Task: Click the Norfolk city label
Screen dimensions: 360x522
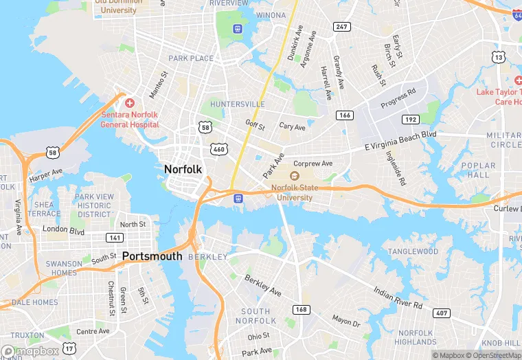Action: click(183, 169)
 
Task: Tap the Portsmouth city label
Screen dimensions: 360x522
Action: click(152, 256)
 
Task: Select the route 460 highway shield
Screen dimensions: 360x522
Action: click(219, 148)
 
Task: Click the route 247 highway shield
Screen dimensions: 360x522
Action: click(341, 27)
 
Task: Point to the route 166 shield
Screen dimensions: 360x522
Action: click(344, 115)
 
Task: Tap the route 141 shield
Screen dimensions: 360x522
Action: click(115, 238)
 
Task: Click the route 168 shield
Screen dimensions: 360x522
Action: click(301, 309)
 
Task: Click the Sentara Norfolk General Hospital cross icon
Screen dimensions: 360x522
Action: click(130, 102)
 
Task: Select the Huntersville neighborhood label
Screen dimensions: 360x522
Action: click(238, 104)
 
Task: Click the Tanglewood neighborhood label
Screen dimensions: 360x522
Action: click(413, 252)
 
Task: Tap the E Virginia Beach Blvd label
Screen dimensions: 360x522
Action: click(400, 142)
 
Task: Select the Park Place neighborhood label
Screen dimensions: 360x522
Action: click(191, 58)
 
